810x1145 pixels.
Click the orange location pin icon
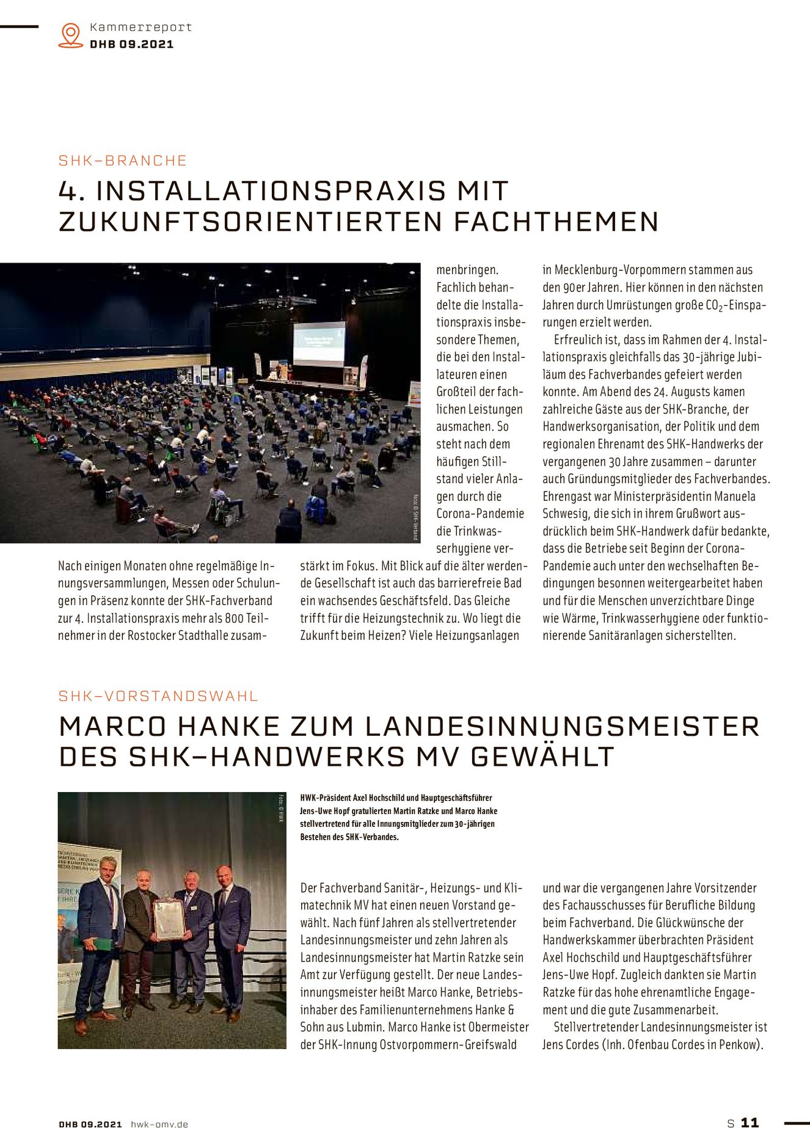71,35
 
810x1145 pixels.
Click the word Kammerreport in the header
140,27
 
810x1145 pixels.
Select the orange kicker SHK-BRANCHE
123,161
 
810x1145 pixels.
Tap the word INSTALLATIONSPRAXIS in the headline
271,191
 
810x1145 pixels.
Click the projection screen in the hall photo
318,343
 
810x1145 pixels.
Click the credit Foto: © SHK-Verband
415,517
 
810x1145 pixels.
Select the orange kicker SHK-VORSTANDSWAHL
158,696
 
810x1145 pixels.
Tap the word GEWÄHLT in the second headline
542,757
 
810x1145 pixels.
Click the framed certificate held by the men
169,918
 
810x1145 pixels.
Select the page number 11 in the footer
750,1123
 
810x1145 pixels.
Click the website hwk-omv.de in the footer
159,1124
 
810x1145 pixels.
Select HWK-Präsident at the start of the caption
326,798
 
